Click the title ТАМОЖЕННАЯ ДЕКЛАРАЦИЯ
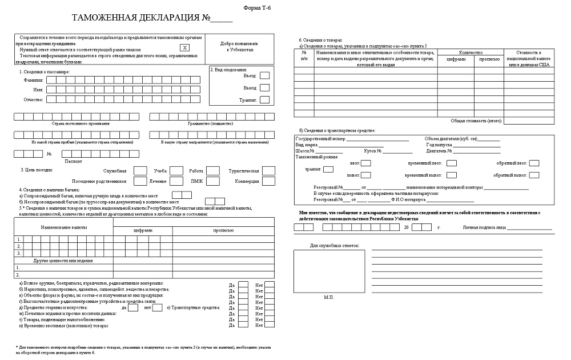135,19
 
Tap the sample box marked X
184,49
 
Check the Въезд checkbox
264,75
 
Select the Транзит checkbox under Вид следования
264,100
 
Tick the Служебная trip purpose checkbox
140,170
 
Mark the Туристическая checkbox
269,170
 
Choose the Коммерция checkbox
269,181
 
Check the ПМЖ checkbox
212,181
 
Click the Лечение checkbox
177,181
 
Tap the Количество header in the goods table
471,52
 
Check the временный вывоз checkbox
451,175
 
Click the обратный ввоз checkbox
534,163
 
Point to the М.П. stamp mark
329,297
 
